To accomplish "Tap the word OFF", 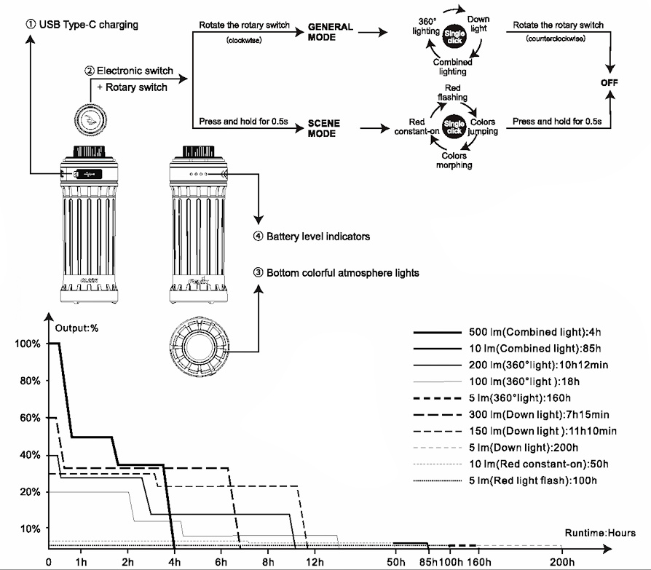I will point(609,82).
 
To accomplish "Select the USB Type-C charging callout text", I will point(82,25).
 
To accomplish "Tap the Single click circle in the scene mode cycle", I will point(454,127).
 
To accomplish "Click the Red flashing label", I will point(452,92).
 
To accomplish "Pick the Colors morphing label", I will point(454,160).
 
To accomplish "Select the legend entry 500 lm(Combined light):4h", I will point(538,332).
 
